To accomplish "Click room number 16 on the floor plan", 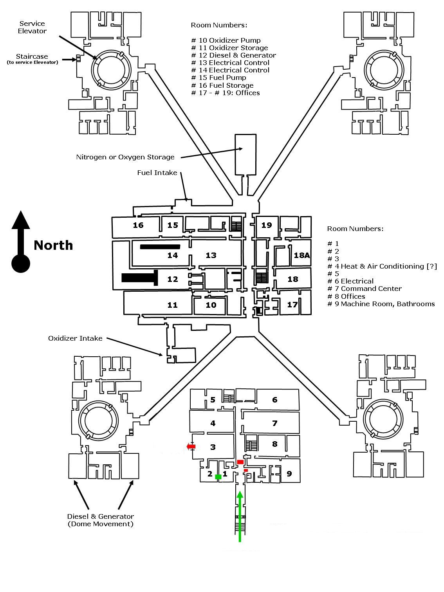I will coord(138,225).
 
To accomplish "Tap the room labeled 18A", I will coord(301,255).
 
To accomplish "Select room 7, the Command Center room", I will coord(274,423).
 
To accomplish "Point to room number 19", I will coord(266,225).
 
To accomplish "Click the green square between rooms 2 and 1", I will coord(218,476).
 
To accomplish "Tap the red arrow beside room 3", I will coord(191,446).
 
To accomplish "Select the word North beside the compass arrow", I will coord(53,245).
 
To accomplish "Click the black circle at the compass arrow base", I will coord(20,263).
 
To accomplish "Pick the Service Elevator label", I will coord(32,27).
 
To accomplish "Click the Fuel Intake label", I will coord(157,173).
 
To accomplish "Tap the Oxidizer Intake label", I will coord(75,338).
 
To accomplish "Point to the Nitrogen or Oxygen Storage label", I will coord(125,157).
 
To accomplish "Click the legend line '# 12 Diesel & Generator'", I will coord(233,55).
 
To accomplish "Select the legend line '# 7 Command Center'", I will coord(365,289).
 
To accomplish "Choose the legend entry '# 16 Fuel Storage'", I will coord(222,85).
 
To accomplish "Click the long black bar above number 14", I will coord(160,247).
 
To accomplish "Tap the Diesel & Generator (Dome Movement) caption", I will coord(100,520).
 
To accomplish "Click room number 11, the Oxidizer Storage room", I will coord(172,305).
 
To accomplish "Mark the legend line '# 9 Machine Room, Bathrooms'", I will coord(381,304).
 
